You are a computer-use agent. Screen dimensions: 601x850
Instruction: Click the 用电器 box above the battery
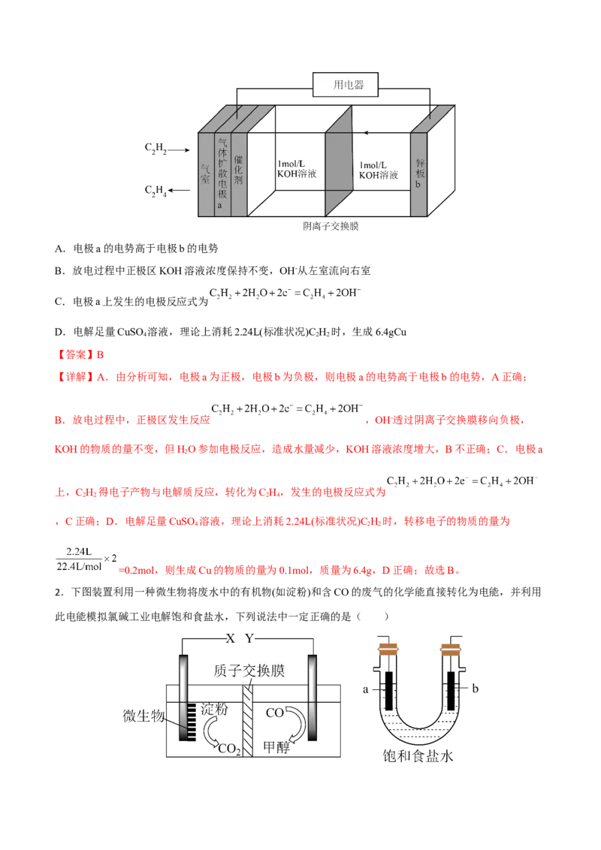(x=345, y=85)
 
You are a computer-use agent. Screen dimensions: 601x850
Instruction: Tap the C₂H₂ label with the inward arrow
(x=156, y=148)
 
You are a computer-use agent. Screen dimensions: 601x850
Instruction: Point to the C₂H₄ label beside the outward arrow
(x=156, y=190)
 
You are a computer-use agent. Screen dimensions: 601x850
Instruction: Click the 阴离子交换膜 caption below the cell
(x=331, y=227)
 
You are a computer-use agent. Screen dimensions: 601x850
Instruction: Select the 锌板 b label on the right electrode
(x=419, y=173)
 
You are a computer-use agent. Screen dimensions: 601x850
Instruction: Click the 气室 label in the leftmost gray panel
(x=205, y=174)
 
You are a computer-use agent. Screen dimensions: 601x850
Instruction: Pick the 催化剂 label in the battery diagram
(x=239, y=169)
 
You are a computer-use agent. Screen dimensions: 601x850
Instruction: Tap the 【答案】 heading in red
(x=75, y=354)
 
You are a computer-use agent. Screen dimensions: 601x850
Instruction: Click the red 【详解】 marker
(x=75, y=377)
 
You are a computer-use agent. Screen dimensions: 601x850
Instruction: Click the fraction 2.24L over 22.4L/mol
(x=79, y=559)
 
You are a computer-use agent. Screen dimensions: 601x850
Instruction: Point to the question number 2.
(x=59, y=592)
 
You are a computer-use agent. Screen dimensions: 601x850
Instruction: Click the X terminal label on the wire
(x=231, y=638)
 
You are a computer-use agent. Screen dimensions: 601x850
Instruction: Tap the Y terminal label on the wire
(x=249, y=638)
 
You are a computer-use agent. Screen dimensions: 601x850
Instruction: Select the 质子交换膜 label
(x=249, y=671)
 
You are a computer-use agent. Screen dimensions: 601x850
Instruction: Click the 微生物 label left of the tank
(x=143, y=716)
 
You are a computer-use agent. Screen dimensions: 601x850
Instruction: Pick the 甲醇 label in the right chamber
(x=276, y=747)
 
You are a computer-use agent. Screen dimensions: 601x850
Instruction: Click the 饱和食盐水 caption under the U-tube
(x=418, y=755)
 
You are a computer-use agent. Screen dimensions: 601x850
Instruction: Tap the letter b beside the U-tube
(x=475, y=689)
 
